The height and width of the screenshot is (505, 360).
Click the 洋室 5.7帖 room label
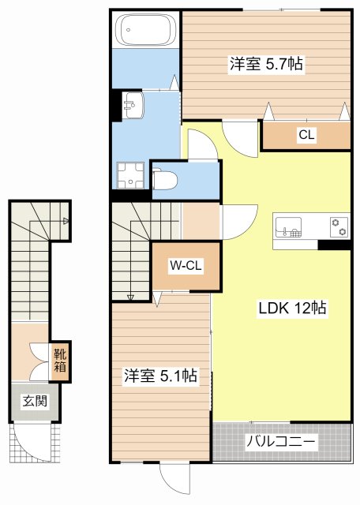tap(266, 65)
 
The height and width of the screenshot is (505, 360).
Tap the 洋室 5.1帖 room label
tap(160, 376)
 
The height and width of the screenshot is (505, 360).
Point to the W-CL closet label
tap(186, 266)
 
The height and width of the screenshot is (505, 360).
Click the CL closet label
tap(306, 135)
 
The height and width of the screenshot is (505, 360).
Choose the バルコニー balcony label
tap(281, 442)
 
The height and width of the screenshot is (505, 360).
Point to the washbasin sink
tap(132, 103)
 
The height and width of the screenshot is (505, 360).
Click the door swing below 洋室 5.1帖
tap(174, 477)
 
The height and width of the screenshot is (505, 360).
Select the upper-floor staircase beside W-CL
tap(130, 249)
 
